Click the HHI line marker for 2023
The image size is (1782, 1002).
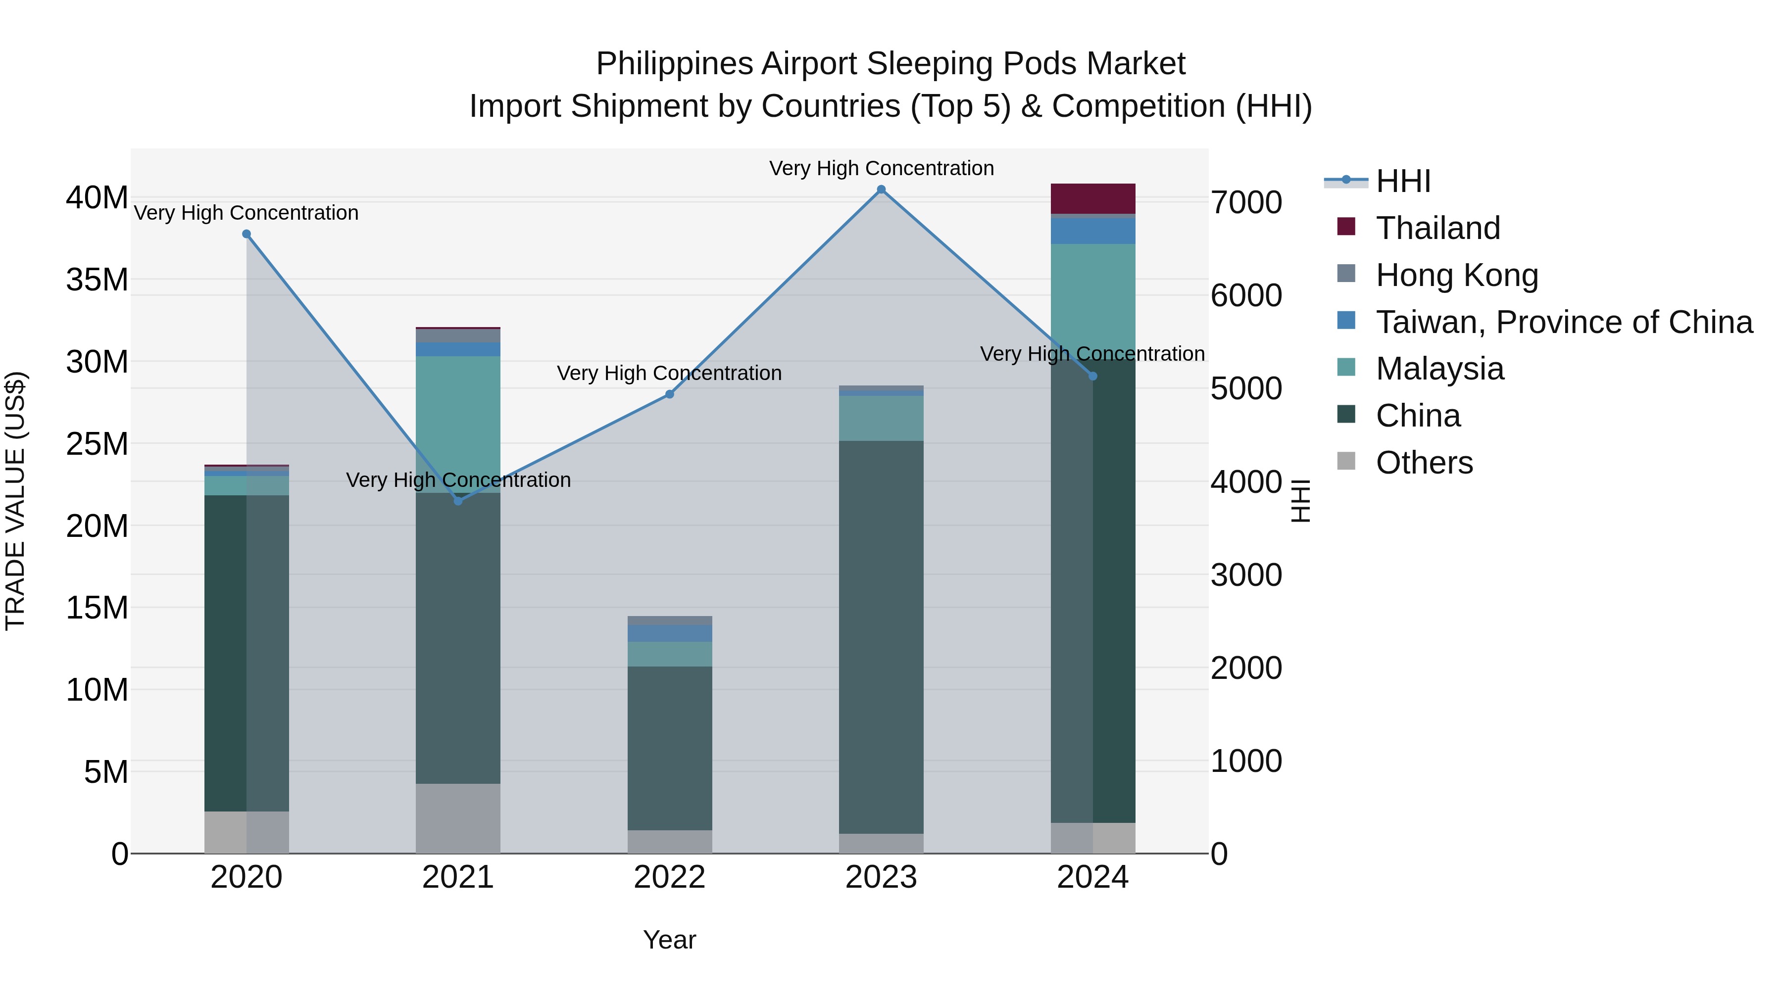(881, 190)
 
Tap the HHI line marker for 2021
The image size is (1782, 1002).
(458, 501)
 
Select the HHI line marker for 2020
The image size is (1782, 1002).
(247, 235)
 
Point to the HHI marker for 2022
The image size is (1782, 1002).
(670, 394)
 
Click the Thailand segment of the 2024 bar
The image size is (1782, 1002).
(1093, 199)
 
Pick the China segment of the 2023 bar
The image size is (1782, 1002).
(881, 636)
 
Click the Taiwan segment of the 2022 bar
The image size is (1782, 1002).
(670, 633)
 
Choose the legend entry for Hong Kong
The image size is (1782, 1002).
(1457, 275)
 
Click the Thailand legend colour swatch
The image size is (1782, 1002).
(1346, 227)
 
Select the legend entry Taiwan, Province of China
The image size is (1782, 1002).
(1563, 322)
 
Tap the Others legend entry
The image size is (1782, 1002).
(1424, 463)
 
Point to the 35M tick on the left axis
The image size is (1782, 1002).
(98, 280)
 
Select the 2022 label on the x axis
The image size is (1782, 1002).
(670, 877)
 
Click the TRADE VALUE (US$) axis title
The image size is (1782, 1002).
(16, 501)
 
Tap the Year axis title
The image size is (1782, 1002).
(670, 940)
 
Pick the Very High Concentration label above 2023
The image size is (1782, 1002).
(881, 168)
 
